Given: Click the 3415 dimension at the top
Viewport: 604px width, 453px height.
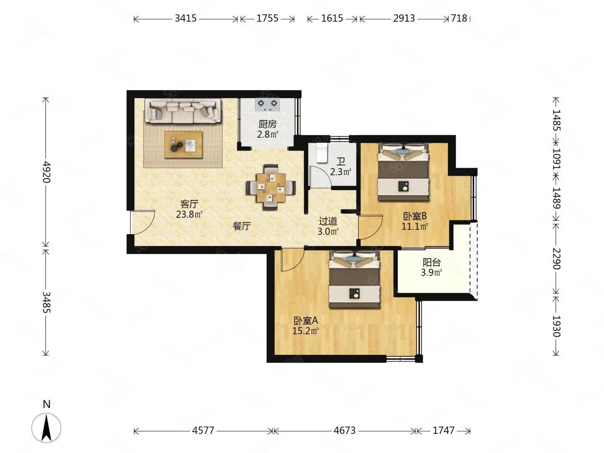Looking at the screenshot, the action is [186, 18].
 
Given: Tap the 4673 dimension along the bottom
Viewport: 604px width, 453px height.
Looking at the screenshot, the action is [344, 430].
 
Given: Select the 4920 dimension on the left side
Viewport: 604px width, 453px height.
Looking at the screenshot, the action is [46, 172].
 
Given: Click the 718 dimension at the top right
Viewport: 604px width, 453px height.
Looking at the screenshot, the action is [459, 18].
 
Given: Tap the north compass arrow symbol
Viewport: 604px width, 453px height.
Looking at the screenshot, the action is [46, 428].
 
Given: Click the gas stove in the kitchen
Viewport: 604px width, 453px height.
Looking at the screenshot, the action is [267, 105].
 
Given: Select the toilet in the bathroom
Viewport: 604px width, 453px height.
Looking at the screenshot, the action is [322, 153].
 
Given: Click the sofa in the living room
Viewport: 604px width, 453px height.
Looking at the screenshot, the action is [183, 111].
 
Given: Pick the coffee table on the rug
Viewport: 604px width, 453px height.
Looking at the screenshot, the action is [183, 145].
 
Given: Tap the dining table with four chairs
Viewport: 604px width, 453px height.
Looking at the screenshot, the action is [271, 187].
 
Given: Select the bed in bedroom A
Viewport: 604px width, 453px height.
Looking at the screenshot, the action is [354, 279].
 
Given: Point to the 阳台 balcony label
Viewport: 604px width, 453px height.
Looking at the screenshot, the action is [431, 263].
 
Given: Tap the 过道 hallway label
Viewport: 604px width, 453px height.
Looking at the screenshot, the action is [328, 221].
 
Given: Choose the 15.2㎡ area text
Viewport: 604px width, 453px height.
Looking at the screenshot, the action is [305, 330].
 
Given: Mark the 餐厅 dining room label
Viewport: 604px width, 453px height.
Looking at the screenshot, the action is [242, 226].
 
